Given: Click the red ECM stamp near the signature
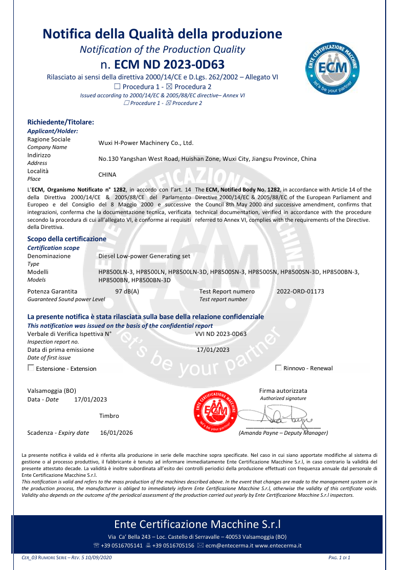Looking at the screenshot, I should (213, 411).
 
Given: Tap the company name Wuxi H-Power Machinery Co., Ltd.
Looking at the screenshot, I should (146, 143).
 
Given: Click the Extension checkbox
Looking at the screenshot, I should (31, 368).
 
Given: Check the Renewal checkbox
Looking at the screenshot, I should (278, 368).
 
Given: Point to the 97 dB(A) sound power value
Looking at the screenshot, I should (127, 291).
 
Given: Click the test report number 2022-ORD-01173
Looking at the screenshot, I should (300, 291).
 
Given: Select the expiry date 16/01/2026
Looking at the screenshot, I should (116, 433).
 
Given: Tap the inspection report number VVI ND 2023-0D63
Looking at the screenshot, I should (221, 334).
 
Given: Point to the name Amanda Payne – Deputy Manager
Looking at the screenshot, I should (283, 433).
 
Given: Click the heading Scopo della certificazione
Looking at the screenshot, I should (66, 239).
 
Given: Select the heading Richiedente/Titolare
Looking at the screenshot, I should (60, 122).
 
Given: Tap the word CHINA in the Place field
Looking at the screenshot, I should (107, 175).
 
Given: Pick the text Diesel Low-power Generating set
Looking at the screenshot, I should (144, 256).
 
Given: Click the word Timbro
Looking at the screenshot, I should (109, 416).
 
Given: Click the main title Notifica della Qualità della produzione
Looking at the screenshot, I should (162, 34).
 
